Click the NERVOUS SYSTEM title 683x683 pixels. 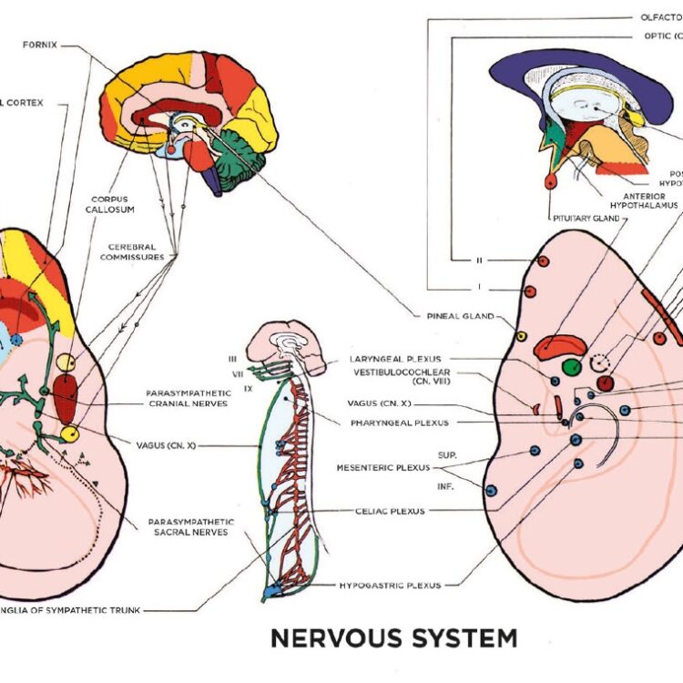tap(393, 637)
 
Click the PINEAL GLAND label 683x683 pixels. tap(459, 317)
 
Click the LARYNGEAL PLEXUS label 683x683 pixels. tap(394, 359)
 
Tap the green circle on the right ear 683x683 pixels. tap(571, 367)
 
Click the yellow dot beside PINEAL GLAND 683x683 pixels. tap(521, 336)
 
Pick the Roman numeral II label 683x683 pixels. tap(479, 260)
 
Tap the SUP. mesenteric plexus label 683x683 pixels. tap(447, 453)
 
